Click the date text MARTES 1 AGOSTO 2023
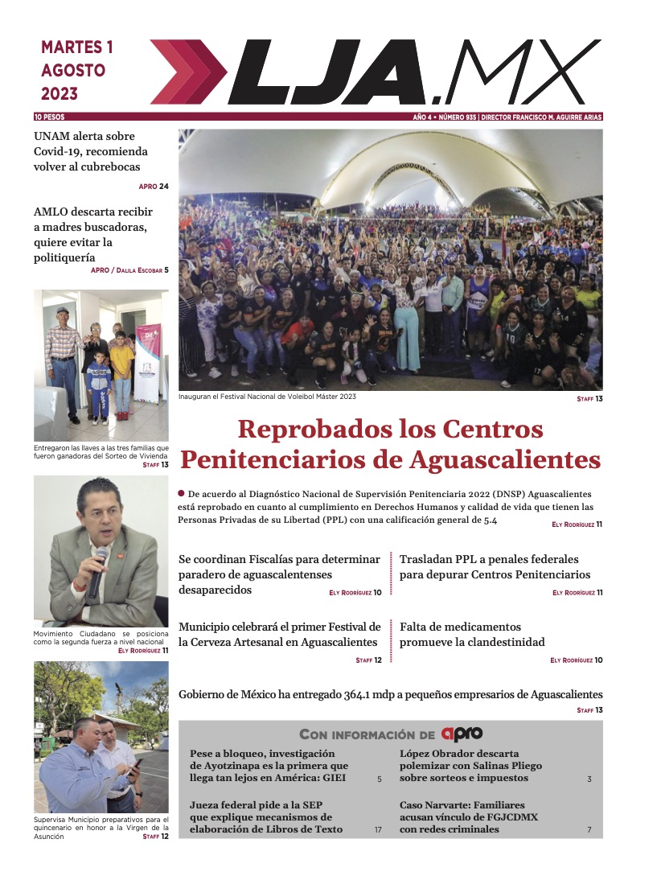pos(76,70)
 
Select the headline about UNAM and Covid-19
pos(84,151)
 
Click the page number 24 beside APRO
pos(164,187)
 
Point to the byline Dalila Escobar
pos(139,270)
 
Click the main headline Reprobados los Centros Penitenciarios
pos(390,443)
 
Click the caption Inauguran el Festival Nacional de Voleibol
pos(267,397)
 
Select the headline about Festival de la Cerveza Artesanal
pos(279,634)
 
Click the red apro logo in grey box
pos(462,734)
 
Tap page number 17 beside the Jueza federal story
pos(378,829)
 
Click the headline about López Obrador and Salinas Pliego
pos(470,766)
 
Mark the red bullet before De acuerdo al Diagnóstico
pos(182,493)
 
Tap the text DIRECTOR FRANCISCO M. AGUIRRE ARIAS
pos(541,117)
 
